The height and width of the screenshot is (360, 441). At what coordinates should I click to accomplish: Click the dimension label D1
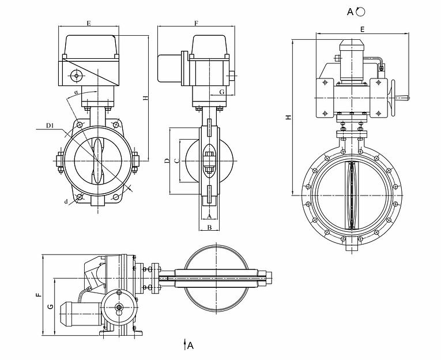50,126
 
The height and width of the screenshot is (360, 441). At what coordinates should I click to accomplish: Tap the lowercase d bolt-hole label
66,201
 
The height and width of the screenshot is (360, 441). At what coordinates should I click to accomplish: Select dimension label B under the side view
210,227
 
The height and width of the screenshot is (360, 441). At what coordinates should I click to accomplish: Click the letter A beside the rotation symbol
350,10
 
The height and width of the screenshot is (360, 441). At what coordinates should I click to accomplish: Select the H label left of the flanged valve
288,118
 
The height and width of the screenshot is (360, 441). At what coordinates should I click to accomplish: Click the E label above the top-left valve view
88,24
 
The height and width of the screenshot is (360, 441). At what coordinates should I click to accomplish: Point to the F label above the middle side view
196,24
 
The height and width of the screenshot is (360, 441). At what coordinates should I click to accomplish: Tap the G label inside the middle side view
221,92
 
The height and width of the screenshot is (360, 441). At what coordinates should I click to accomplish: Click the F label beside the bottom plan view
39,295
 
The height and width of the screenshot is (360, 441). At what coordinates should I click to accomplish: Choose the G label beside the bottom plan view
50,307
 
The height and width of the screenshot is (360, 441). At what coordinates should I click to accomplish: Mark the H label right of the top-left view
145,98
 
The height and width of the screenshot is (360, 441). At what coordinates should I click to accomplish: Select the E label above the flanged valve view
362,28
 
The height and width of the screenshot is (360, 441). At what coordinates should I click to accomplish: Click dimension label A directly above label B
210,216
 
